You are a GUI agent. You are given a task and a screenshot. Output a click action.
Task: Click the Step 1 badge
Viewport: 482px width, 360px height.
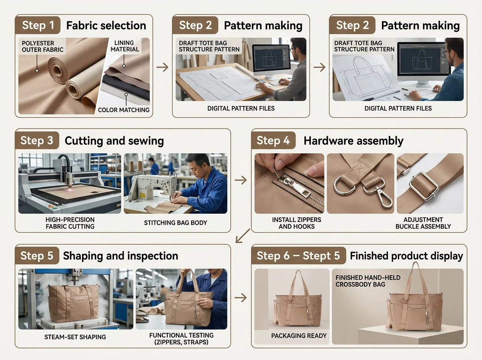coord(38,25)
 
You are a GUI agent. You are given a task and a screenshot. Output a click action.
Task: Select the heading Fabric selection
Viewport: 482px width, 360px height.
coord(106,25)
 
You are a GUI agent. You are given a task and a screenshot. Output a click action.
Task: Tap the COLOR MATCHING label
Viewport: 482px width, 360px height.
coord(124,110)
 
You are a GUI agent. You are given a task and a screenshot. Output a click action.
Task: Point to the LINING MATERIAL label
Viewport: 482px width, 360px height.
coord(125,46)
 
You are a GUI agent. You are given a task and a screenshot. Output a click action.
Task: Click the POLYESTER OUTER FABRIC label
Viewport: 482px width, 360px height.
coord(43,46)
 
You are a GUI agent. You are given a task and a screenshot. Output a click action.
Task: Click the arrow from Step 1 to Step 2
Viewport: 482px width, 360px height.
coord(162,67)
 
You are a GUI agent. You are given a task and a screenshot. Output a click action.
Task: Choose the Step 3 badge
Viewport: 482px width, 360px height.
coord(37,140)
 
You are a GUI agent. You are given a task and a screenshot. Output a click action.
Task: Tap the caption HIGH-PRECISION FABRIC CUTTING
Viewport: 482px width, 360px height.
coord(70,223)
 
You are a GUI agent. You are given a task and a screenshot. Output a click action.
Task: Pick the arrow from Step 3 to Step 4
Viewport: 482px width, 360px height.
coord(241,180)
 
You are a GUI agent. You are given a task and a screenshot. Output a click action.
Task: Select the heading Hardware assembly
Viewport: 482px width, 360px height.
coord(353,141)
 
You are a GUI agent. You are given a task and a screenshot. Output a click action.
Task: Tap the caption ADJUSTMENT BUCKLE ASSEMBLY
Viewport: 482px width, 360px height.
coord(423,223)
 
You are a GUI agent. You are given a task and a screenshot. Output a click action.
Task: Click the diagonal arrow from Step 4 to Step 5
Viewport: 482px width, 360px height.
coord(243,236)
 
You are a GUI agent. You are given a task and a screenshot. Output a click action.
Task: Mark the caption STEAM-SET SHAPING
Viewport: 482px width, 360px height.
coord(75,337)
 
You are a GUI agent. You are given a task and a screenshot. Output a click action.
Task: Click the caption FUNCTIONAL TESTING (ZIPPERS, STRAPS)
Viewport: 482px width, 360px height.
coord(182,338)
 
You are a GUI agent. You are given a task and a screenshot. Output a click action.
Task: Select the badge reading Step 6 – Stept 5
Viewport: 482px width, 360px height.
coord(298,256)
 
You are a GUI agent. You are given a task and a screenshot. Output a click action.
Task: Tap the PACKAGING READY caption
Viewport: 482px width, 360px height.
coord(299,335)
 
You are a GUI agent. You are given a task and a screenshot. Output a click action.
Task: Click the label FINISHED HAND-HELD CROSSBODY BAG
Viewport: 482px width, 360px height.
coord(368,281)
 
